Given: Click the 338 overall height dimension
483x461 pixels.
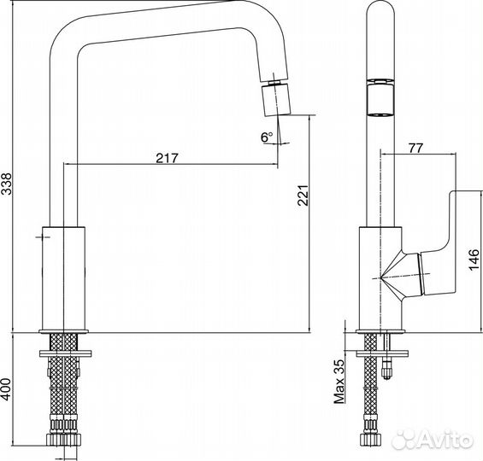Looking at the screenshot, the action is tap(7, 184).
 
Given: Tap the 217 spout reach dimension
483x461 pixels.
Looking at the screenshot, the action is tap(167, 158).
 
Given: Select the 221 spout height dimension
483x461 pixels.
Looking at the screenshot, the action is tap(303, 195).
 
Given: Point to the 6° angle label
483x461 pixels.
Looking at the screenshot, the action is tap(267, 137).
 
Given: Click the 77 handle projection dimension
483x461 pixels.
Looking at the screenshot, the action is tap(415, 149).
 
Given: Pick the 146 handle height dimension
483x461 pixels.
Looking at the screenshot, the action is tap(474, 260).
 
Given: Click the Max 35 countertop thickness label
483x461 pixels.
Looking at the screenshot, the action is tap(339, 382).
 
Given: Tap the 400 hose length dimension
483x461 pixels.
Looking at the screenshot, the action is tap(6, 389).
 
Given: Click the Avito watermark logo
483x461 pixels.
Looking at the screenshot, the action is tap(433, 439).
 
